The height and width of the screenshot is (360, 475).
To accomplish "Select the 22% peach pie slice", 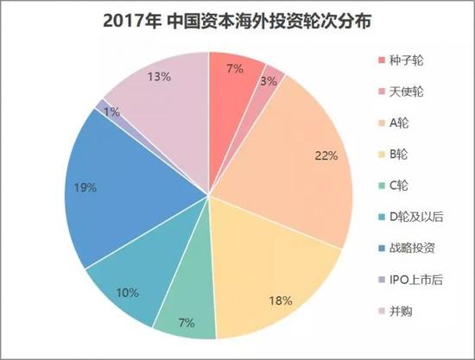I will pyautogui.click(x=294, y=147).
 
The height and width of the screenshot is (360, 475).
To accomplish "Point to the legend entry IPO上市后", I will pyautogui.click(x=418, y=279).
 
